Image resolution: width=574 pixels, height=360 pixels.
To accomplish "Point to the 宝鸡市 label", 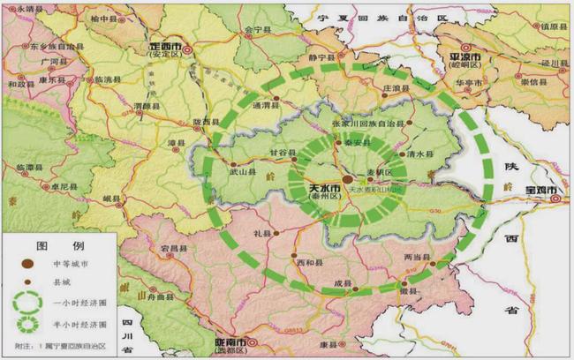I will point(540,191).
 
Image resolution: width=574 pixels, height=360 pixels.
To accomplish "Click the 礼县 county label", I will point(261,234).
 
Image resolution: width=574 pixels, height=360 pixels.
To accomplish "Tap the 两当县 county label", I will point(415,257).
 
